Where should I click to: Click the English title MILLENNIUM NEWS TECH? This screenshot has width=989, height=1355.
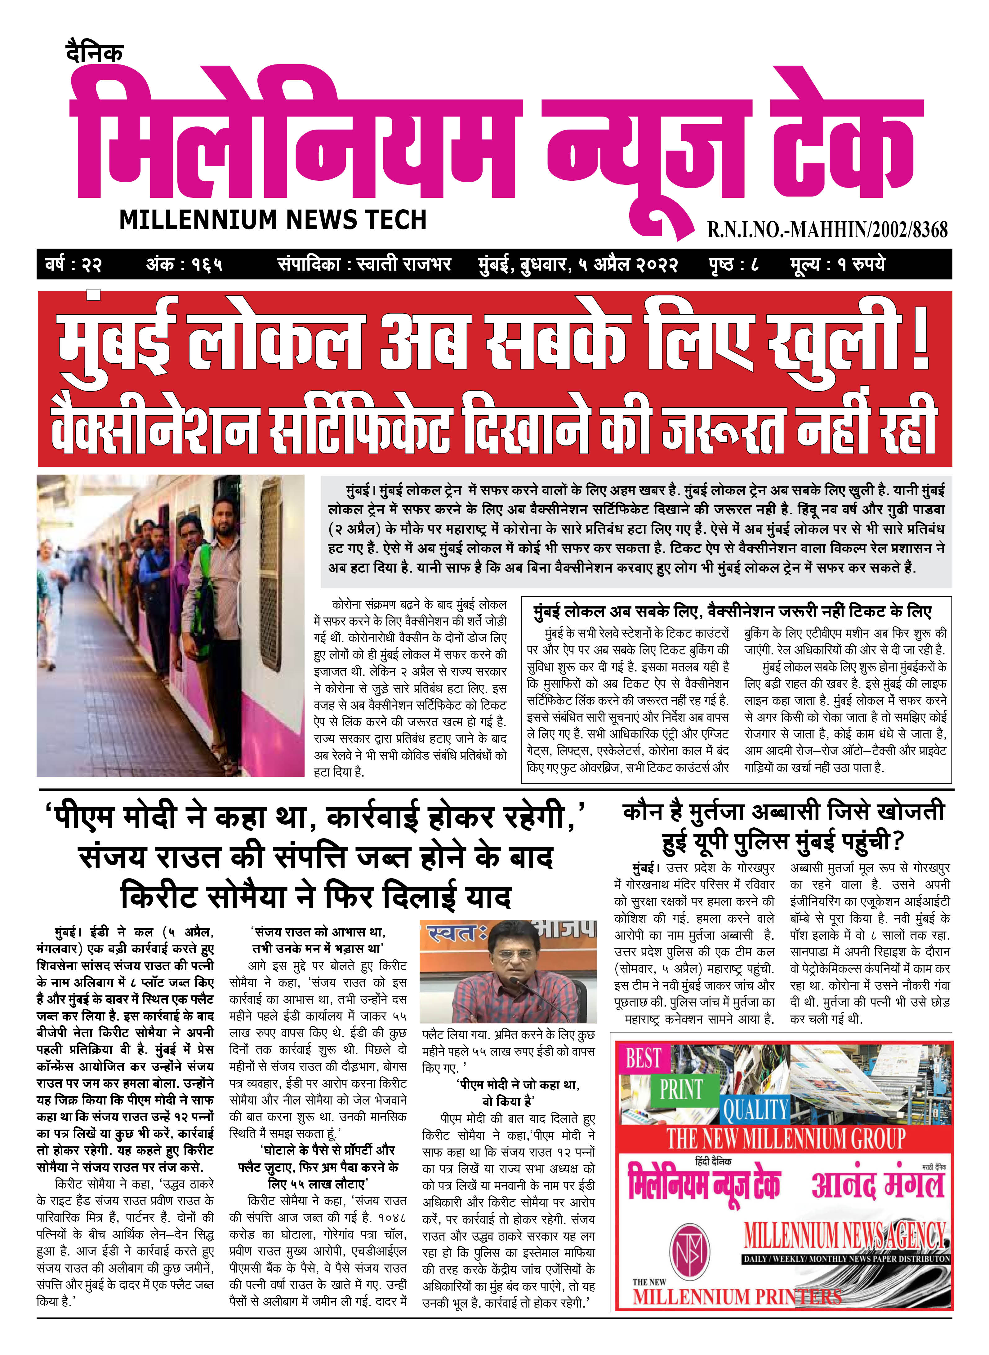(273, 220)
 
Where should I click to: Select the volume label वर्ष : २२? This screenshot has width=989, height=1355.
(74, 264)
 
